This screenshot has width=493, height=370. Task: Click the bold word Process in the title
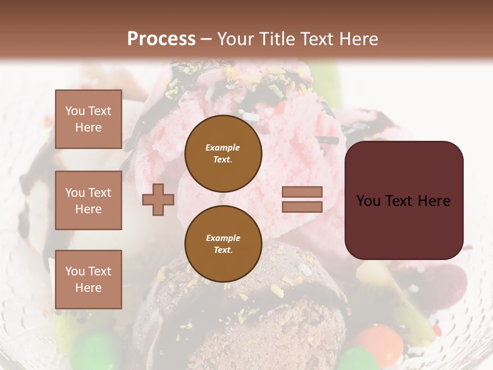click(161, 39)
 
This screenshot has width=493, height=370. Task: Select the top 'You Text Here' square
click(88, 119)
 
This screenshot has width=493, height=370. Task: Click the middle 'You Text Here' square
click(88, 200)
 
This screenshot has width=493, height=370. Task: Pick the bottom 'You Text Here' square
click(88, 279)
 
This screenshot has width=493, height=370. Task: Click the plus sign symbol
click(158, 199)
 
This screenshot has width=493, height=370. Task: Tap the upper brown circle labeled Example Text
click(223, 154)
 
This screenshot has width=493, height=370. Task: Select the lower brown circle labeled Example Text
click(223, 244)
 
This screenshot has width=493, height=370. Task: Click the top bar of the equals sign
click(302, 192)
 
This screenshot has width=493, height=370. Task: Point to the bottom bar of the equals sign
click(302, 207)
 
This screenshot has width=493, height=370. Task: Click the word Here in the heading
click(359, 39)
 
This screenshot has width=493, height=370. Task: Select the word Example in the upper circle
click(222, 147)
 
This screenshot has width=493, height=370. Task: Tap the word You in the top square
click(74, 111)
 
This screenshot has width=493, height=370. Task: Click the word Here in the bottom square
click(88, 288)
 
